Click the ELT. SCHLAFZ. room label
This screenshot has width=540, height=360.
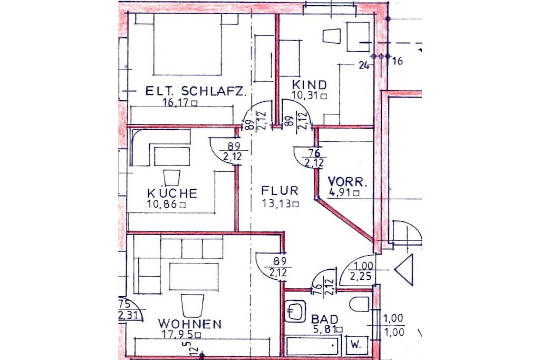pyautogui.click(x=196, y=91)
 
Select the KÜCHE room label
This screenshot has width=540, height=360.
pyautogui.click(x=172, y=192)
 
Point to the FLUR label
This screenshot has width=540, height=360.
pyautogui.click(x=279, y=191)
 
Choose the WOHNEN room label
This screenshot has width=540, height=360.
pyautogui.click(x=190, y=324)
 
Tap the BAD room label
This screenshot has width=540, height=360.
pyautogui.click(x=324, y=319)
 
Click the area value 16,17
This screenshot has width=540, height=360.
pyautogui.click(x=176, y=102)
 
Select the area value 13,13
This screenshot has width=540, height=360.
pyautogui.click(x=276, y=204)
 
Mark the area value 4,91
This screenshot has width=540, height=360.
pyautogui.click(x=341, y=192)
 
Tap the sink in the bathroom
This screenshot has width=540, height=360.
pyautogui.click(x=295, y=312)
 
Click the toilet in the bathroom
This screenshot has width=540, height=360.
pyautogui.click(x=360, y=304)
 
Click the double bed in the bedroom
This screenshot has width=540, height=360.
pyautogui.click(x=187, y=44)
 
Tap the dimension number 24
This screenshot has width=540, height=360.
pyautogui.click(x=364, y=65)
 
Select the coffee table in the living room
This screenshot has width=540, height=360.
pyautogui.click(x=194, y=277)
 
